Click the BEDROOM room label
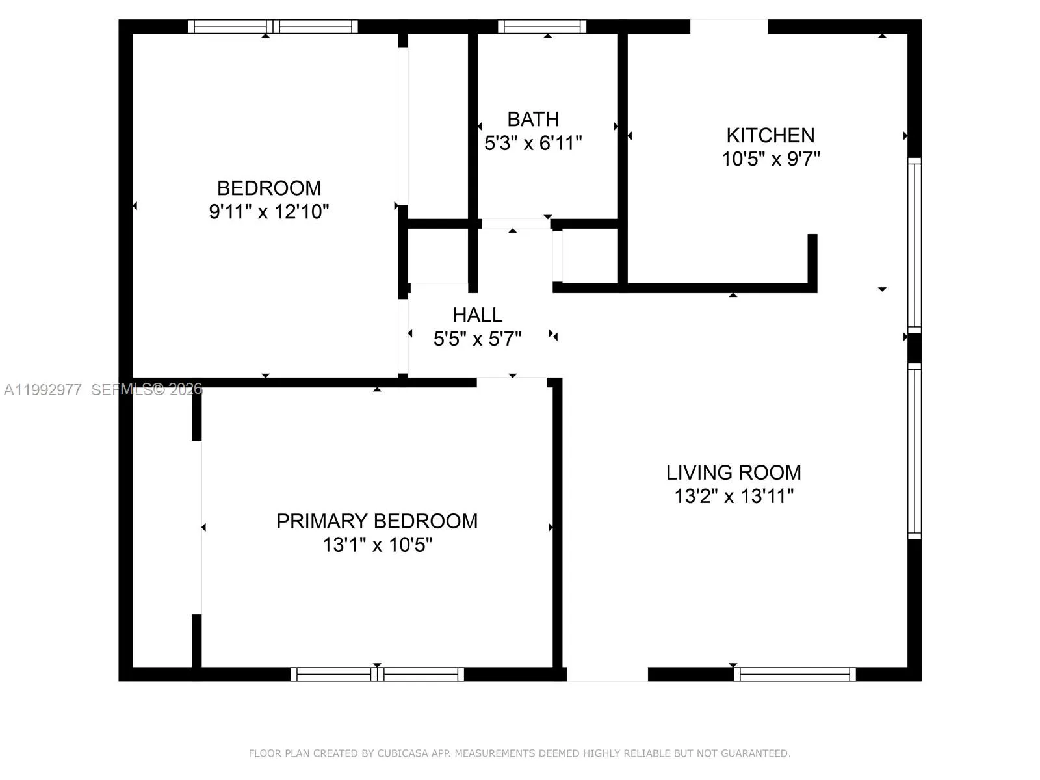pyautogui.click(x=269, y=188)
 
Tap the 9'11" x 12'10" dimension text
pyautogui.click(x=269, y=212)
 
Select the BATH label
pyautogui.click(x=533, y=120)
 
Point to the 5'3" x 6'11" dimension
pyautogui.click(x=533, y=143)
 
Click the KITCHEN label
pyautogui.click(x=770, y=135)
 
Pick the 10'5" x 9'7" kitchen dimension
pyautogui.click(x=771, y=159)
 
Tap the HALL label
pyautogui.click(x=477, y=315)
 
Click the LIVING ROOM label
pyautogui.click(x=733, y=473)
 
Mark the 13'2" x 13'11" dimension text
pyautogui.click(x=734, y=497)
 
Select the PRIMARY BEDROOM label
pyautogui.click(x=377, y=521)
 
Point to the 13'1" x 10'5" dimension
pyautogui.click(x=377, y=545)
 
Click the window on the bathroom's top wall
pyautogui.click(x=542, y=27)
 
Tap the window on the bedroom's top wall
pyautogui.click(x=273, y=27)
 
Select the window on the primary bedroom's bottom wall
pyautogui.click(x=377, y=674)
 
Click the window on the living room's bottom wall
pyautogui.click(x=794, y=674)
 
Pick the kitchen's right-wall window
pyautogui.click(x=915, y=245)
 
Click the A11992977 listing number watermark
pyautogui.click(x=43, y=389)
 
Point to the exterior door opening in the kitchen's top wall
pyautogui.click(x=729, y=27)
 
